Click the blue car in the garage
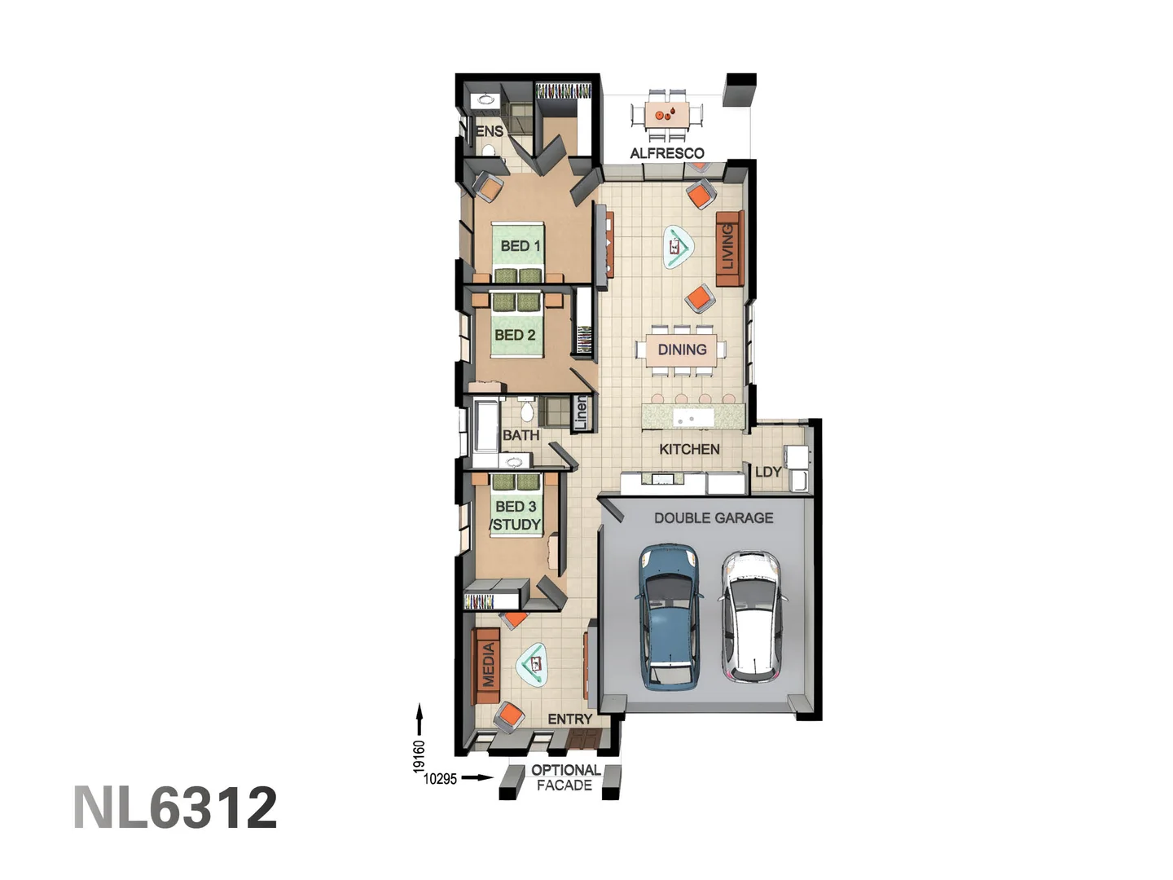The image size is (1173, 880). coord(670,616)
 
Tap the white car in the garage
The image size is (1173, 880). coord(752,616)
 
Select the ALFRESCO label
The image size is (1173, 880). coord(666,153)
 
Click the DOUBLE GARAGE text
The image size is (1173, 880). coord(714,517)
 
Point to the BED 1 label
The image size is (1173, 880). coord(520,245)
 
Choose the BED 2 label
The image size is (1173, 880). coord(515,335)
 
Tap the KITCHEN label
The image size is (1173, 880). coord(689,449)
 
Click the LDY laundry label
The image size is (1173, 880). coord(767,472)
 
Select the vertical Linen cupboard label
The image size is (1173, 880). coord(581,412)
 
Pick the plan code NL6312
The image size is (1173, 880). coord(175,807)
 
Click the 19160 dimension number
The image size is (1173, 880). coord(419,755)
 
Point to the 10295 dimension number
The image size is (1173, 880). coord(440,779)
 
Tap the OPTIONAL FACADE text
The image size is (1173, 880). coord(565,777)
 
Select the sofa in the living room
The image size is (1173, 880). coord(730,248)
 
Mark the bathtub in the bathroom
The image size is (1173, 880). coord(485,427)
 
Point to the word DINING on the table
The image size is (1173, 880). coord(682,350)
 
